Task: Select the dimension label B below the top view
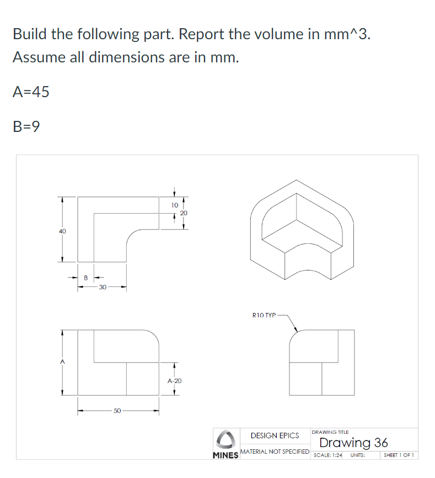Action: (x=85, y=278)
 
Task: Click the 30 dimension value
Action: (x=102, y=287)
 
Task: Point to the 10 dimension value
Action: (x=174, y=204)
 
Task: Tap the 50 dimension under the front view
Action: (x=117, y=411)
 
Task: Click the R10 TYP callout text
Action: (x=264, y=315)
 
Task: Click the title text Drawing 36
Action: (x=353, y=443)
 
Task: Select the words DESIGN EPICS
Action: (x=275, y=435)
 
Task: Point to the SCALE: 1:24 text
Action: (x=327, y=455)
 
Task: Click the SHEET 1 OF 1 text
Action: (x=399, y=455)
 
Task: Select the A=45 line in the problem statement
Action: (x=31, y=92)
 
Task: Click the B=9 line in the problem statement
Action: (x=26, y=127)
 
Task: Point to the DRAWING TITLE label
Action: (x=330, y=432)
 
